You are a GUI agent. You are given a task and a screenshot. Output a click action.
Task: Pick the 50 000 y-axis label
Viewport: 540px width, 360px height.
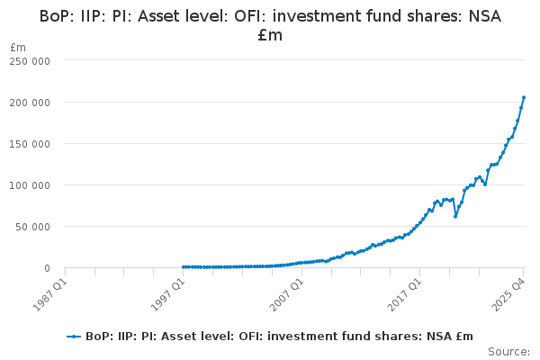(34, 226)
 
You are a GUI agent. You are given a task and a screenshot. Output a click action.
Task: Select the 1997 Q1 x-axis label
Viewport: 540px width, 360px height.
(166, 293)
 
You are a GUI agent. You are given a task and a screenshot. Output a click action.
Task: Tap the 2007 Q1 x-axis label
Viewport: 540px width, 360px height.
(283, 293)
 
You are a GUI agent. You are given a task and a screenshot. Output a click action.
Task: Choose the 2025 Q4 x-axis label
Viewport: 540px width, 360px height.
(506, 293)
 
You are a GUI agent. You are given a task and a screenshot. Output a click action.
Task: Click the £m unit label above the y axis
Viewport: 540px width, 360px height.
(17, 47)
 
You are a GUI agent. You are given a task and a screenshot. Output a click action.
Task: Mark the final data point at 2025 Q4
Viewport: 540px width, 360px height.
(524, 97)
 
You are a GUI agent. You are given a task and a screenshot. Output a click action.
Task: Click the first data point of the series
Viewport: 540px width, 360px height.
(183, 266)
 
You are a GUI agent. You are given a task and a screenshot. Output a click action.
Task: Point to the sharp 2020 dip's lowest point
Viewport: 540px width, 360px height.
(454, 216)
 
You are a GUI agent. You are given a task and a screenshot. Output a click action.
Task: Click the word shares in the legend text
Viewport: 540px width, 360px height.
(383, 336)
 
